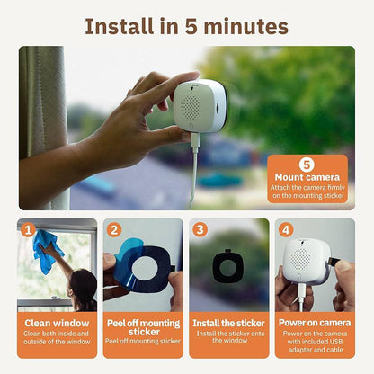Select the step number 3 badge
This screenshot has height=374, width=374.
click(199, 229)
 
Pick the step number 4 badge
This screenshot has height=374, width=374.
click(285, 229)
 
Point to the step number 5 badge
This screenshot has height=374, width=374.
click(307, 165)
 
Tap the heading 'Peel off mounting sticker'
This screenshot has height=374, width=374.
click(143, 325)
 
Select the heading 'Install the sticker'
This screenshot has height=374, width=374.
click(229, 322)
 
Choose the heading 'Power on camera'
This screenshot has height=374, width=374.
click(315, 321)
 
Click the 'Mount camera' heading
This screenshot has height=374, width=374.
click(307, 178)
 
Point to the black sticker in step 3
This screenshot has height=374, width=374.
click(229, 269)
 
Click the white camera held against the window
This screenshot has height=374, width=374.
click(199, 106)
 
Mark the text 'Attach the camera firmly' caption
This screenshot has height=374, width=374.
click(307, 188)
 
